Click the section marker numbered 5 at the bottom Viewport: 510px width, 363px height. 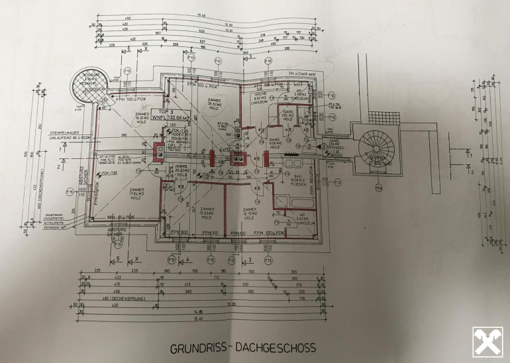coord(118,258)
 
